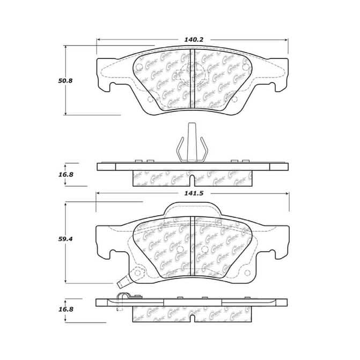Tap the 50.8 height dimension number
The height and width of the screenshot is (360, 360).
pos(65,80)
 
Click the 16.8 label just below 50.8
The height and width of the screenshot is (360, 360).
pos(65,174)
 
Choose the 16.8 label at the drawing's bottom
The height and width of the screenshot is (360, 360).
pos(65,310)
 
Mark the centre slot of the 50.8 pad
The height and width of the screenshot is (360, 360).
pos(192,80)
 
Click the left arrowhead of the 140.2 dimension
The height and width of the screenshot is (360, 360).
pos(99,39)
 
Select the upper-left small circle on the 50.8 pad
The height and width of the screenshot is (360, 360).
pos(139,68)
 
